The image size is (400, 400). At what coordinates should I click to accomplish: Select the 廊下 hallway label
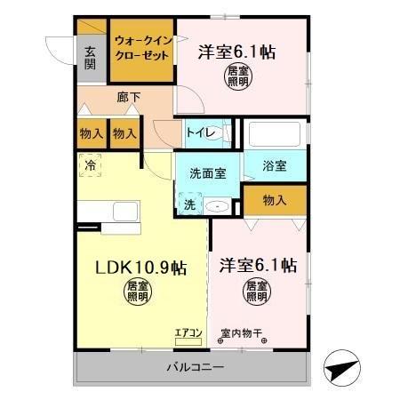click(129, 97)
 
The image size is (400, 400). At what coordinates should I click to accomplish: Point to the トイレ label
click(199, 132)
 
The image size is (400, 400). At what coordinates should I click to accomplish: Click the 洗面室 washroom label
click(206, 174)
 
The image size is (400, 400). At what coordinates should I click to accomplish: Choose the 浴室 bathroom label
click(274, 165)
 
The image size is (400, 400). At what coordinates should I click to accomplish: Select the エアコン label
click(188, 333)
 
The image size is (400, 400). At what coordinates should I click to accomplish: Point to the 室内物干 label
click(242, 333)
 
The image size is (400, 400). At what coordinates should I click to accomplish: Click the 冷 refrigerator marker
click(90, 164)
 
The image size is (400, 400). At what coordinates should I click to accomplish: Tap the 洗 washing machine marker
click(188, 204)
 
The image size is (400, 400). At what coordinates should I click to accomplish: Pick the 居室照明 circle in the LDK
click(136, 293)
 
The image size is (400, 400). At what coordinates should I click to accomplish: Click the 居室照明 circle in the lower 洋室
click(256, 293)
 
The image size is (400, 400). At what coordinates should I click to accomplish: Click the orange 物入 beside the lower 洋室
click(274, 202)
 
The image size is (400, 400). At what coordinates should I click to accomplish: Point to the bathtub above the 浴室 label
click(275, 135)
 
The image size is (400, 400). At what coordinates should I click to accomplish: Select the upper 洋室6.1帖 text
click(236, 52)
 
